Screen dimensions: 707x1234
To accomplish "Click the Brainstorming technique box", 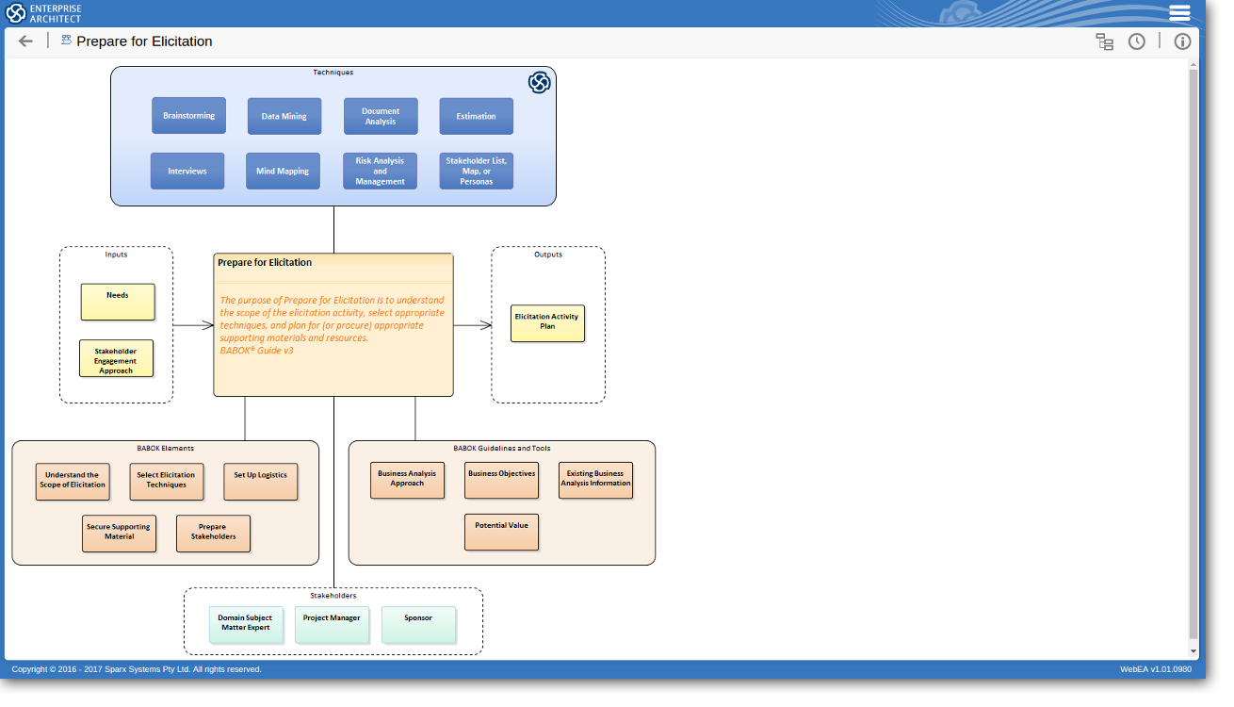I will [188, 116].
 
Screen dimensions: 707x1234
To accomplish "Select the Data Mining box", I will [284, 116].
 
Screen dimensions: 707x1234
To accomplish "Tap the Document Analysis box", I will [381, 116].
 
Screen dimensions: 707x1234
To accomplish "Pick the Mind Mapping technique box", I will [283, 172].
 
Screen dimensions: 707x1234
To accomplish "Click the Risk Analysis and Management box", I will [380, 172].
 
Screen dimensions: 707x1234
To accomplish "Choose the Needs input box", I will [118, 302].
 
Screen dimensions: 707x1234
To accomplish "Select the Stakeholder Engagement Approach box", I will [116, 359].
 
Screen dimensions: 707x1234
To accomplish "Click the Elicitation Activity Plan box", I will [547, 323].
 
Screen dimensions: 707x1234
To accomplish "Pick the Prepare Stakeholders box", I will [213, 534].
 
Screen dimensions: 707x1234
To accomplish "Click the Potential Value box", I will [501, 532].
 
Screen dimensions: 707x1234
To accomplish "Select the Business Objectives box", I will [501, 480].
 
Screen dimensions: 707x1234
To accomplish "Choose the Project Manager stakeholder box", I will [332, 625].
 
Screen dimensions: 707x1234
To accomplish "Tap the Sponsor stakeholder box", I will [418, 625].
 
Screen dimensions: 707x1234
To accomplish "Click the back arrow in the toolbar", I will [25, 41].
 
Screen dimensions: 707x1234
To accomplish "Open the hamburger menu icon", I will [1179, 12].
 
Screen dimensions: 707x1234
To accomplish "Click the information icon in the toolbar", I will [1182, 41].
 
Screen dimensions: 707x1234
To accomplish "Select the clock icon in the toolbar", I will [1137, 41].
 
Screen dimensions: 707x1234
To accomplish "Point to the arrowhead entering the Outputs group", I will [487, 325].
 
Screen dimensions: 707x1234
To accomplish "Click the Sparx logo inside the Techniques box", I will [539, 83].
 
